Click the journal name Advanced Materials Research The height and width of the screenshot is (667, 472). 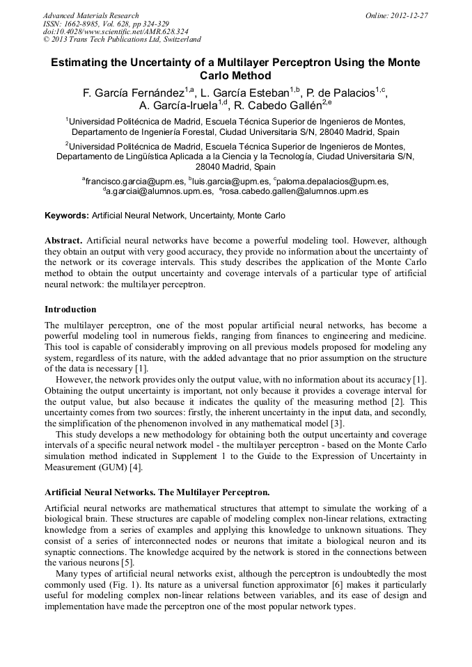(91, 15)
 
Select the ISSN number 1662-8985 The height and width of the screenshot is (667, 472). (82, 24)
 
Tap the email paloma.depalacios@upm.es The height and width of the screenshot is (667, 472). (333, 181)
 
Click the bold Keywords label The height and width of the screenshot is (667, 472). (67, 216)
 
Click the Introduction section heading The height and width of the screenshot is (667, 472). (70, 309)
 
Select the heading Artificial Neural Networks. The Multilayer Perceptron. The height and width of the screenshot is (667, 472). (157, 492)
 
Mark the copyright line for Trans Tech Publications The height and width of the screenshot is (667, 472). (122, 40)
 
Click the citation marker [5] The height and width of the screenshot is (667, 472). (127, 562)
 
